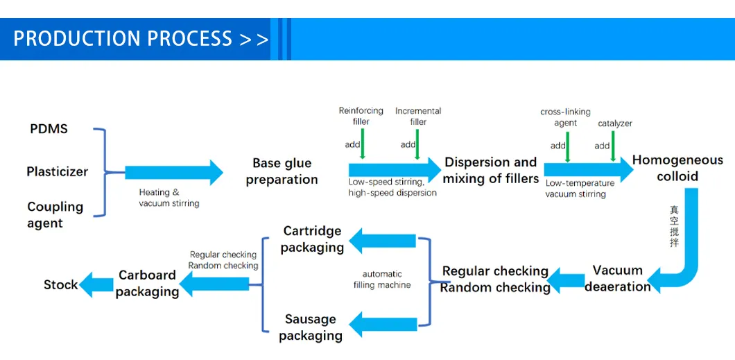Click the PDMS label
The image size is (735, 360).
coord(49,129)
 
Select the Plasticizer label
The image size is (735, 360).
coord(57,171)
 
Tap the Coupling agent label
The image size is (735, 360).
coord(55,215)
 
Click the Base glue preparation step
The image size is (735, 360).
coord(282,171)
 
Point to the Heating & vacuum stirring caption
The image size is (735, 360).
coord(168,198)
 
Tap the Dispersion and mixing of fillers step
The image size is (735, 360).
coord(490,171)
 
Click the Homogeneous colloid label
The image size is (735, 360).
coord(677,168)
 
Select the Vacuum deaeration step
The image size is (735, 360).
coord(617,278)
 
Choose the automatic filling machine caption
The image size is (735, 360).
coord(386,280)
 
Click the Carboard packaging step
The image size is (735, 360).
coord(147,283)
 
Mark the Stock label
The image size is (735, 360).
coord(60,284)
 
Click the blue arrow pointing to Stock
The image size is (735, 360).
coord(97,284)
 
